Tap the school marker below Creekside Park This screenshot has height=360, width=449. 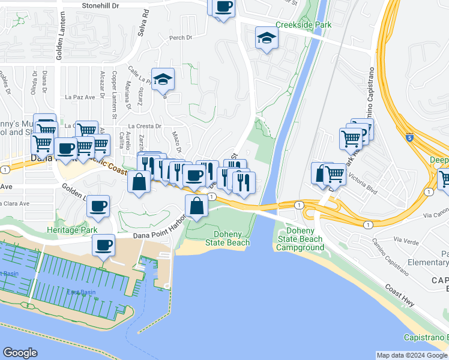[266, 39]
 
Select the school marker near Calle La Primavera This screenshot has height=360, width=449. [163, 80]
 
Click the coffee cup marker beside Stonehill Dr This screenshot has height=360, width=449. [224, 7]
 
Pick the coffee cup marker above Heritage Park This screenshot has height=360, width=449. [98, 206]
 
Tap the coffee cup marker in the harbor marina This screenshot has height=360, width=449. [103, 245]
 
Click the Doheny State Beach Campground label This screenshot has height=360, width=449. [301, 239]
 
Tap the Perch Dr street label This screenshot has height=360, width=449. [180, 38]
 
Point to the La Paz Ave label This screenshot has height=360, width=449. [80, 97]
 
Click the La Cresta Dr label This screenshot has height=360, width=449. [150, 126]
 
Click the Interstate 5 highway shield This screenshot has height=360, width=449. [409, 137]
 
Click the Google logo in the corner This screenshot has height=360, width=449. [20, 353]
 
